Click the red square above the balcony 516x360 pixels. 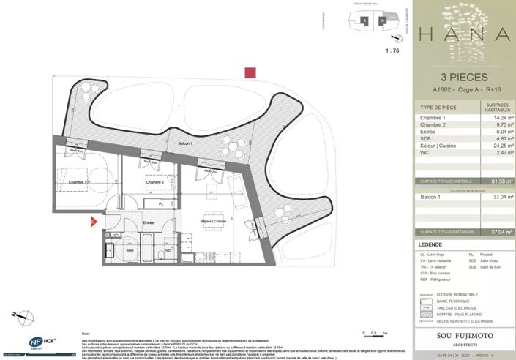pyautogui.click(x=250, y=72)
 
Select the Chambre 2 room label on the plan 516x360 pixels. pyautogui.click(x=154, y=181)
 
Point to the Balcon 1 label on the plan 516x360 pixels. pyautogui.click(x=186, y=143)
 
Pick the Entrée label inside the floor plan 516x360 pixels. pyautogui.click(x=148, y=222)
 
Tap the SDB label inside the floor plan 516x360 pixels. pyautogui.click(x=130, y=250)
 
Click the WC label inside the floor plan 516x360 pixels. pyautogui.click(x=168, y=250)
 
